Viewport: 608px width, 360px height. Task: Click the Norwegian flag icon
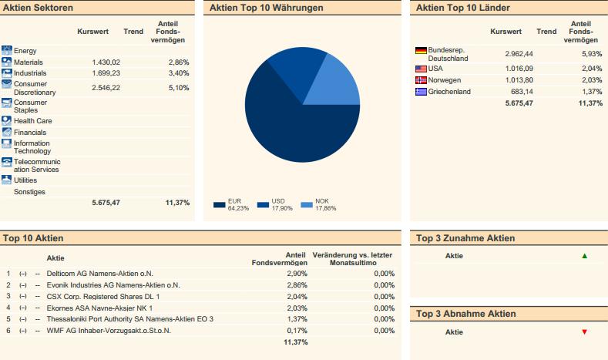(421, 80)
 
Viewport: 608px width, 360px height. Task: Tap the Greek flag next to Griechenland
(421, 92)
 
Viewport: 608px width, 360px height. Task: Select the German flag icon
(421, 51)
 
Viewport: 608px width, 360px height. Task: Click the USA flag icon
(421, 69)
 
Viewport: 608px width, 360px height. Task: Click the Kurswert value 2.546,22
(106, 88)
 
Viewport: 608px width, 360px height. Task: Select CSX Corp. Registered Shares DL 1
(103, 296)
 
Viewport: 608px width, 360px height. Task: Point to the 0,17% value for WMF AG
(297, 331)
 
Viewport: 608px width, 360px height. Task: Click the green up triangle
(584, 256)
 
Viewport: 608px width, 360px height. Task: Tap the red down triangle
(584, 331)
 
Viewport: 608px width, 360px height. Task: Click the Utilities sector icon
(7, 180)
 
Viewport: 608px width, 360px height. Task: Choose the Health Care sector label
(32, 120)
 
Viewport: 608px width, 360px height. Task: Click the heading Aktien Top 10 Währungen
(267, 8)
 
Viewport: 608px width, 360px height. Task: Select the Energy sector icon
(7, 50)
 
